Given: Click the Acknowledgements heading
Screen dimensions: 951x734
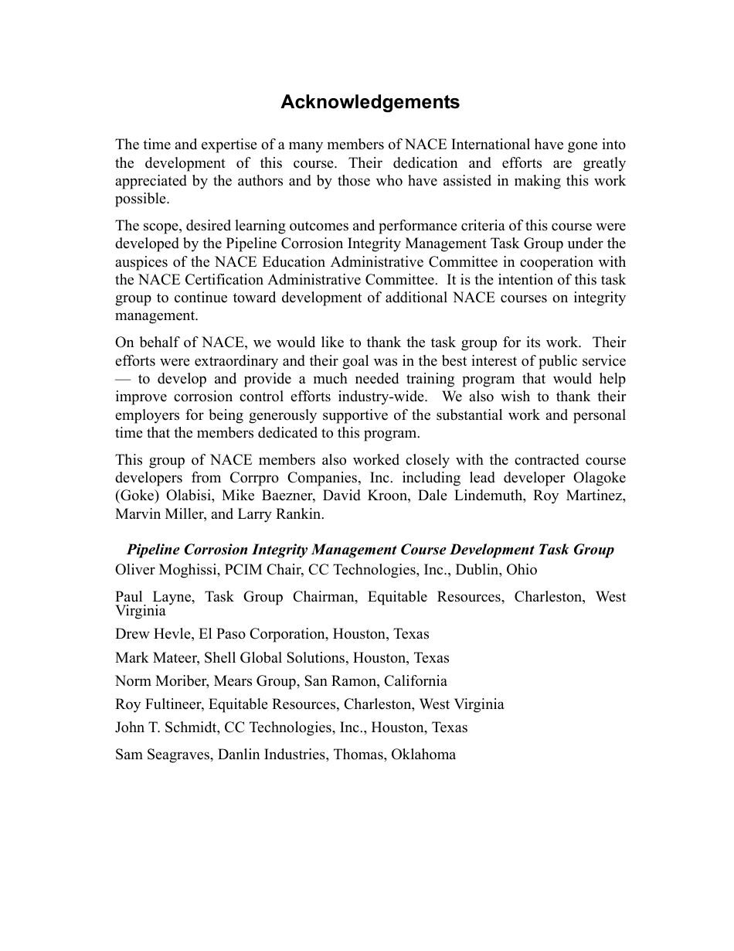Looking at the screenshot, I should [x=369, y=102].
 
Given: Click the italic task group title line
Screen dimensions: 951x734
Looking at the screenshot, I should [x=370, y=550].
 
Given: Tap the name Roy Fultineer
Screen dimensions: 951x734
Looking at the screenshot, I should [x=159, y=704].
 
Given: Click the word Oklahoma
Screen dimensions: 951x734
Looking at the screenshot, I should [x=423, y=755].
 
